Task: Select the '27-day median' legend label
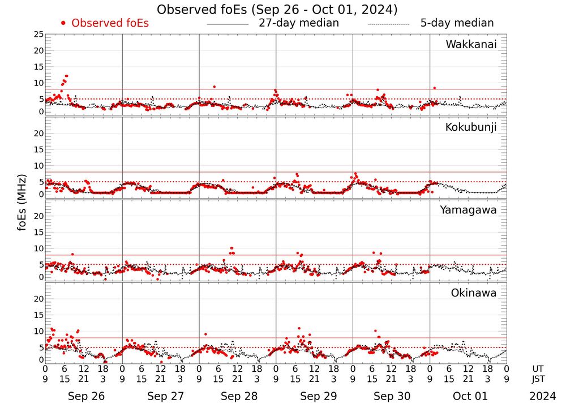pyautogui.click(x=298, y=23)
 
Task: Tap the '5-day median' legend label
pyautogui.click(x=457, y=23)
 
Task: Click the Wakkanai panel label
pyautogui.click(x=471, y=45)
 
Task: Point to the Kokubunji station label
pyautogui.click(x=471, y=127)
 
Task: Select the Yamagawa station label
pyautogui.click(x=469, y=210)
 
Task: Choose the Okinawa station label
pyautogui.click(x=473, y=293)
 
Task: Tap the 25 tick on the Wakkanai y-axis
pyautogui.click(x=38, y=35)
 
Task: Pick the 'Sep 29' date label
pyautogui.click(x=315, y=396)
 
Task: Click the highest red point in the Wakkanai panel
pyautogui.click(x=66, y=76)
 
